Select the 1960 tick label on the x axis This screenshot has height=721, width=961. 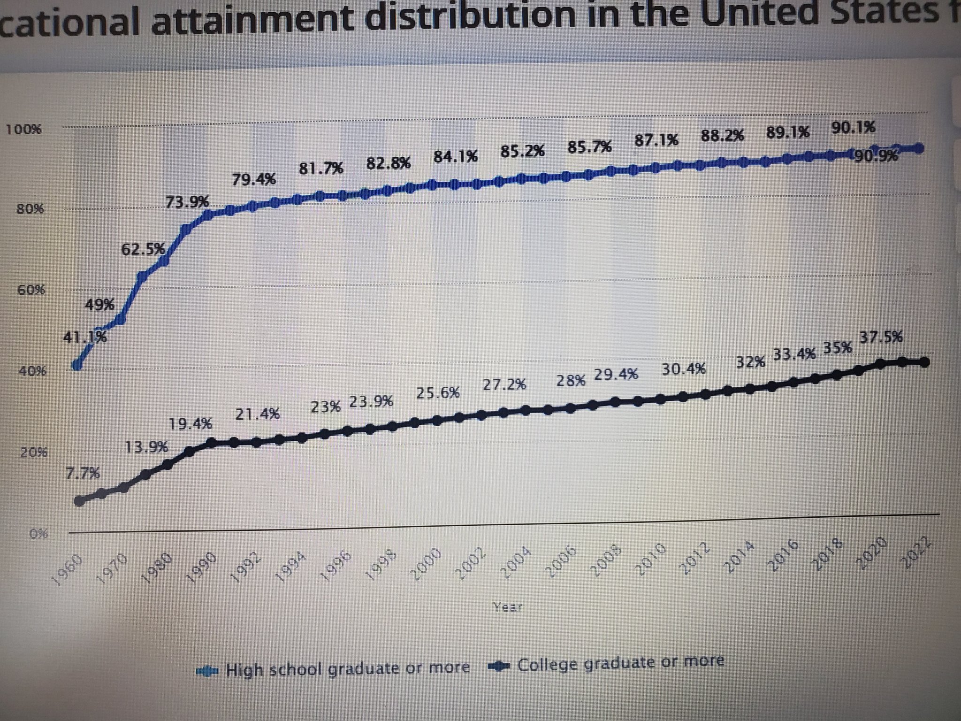tap(69, 569)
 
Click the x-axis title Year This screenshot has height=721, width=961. tap(508, 607)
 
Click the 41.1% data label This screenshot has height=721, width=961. tap(85, 337)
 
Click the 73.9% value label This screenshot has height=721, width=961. tap(187, 202)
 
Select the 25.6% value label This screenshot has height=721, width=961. tap(438, 393)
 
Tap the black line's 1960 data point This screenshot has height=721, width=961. tap(80, 501)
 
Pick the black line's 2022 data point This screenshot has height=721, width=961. tap(924, 362)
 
